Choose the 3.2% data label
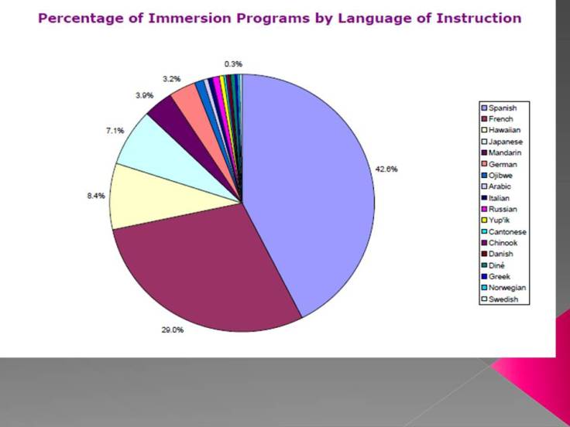[x=171, y=78]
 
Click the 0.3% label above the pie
[x=232, y=63]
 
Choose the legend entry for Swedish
[x=504, y=300]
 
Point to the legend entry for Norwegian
[x=507, y=289]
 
